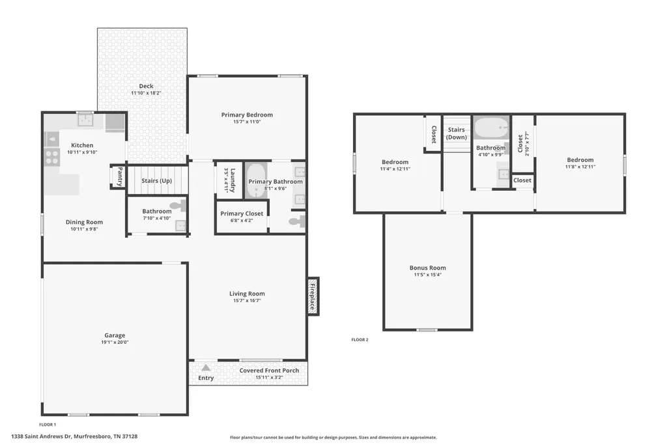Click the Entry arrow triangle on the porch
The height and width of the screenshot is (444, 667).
(x=206, y=367)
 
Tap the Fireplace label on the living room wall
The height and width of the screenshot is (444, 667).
(x=312, y=296)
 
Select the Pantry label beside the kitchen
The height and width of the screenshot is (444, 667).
(x=120, y=176)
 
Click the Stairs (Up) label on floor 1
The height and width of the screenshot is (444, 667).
(x=156, y=181)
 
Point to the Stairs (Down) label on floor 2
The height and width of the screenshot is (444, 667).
(x=457, y=133)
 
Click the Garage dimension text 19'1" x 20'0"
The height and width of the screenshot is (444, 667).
(x=115, y=342)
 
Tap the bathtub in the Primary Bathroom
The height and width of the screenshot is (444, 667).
(x=256, y=180)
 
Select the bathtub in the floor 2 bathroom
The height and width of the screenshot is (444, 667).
(x=491, y=128)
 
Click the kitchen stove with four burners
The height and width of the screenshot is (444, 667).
(x=52, y=158)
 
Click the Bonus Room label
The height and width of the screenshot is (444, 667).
(x=427, y=268)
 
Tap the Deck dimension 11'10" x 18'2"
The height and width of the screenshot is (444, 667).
(x=146, y=92)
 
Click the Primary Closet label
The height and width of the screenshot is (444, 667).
(x=242, y=214)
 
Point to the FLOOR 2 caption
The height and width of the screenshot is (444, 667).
(x=360, y=340)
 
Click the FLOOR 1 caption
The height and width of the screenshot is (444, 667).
(x=47, y=424)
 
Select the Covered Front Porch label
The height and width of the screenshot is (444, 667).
(x=269, y=370)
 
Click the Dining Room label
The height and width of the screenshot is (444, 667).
(x=84, y=222)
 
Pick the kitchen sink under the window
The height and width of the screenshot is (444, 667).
(x=85, y=120)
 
